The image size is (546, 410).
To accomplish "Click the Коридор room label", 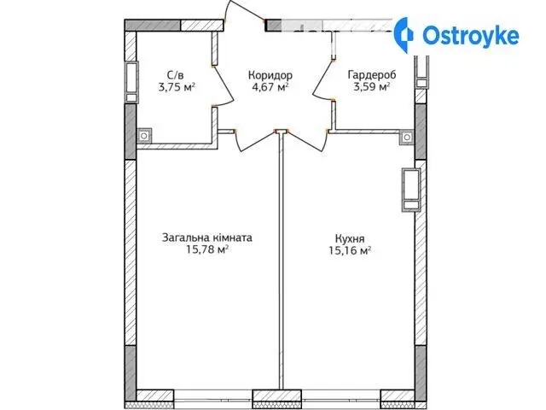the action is point(270,75).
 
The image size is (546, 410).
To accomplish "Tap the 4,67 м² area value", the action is point(270,87).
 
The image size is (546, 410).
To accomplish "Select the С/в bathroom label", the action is point(175,74).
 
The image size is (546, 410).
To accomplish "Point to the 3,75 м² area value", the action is point(177,87).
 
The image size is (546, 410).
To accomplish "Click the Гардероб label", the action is point(372,74).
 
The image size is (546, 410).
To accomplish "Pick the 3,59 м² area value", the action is point(372,87).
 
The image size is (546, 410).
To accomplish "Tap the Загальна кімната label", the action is point(207,237).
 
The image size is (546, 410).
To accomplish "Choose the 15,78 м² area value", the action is point(207,249).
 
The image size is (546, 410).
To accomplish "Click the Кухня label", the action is point(350,239).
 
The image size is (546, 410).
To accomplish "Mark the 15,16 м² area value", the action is point(350,250).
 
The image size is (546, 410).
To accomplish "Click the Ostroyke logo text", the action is point(470,36).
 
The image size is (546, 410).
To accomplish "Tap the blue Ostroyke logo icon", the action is point(404,35).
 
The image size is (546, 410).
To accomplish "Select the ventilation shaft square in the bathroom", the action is point(144,136).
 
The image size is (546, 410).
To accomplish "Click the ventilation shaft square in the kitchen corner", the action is point(407,137).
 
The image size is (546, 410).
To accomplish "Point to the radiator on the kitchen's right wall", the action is point(411,190).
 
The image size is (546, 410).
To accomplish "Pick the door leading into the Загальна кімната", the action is point(257,141).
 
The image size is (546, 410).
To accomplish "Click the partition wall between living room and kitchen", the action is point(281,261).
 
